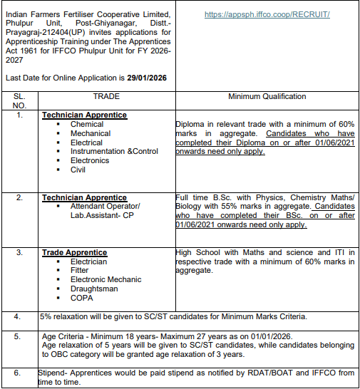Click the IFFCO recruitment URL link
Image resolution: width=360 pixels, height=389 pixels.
(x=267, y=14)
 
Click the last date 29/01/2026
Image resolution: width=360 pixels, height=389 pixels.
(x=147, y=77)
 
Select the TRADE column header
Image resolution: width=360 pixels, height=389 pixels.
(x=106, y=95)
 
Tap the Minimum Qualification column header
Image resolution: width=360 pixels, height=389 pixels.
(x=267, y=96)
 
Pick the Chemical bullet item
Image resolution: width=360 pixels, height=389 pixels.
(x=86, y=124)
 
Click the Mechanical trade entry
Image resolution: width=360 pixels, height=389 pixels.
(x=90, y=133)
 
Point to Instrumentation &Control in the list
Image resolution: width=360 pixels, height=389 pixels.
(x=114, y=152)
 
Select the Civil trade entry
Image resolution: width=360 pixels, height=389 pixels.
(x=78, y=170)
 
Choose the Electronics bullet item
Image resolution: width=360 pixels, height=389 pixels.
(x=90, y=161)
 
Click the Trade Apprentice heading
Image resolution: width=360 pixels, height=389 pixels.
(x=75, y=253)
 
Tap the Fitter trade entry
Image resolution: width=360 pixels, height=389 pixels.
(x=80, y=271)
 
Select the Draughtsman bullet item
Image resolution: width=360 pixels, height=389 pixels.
(x=93, y=289)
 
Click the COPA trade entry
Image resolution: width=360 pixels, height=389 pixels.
(x=82, y=299)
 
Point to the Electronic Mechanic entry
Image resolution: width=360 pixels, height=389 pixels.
(x=106, y=280)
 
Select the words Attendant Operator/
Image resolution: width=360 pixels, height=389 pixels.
(x=105, y=206)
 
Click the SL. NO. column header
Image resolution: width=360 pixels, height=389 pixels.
(x=19, y=100)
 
